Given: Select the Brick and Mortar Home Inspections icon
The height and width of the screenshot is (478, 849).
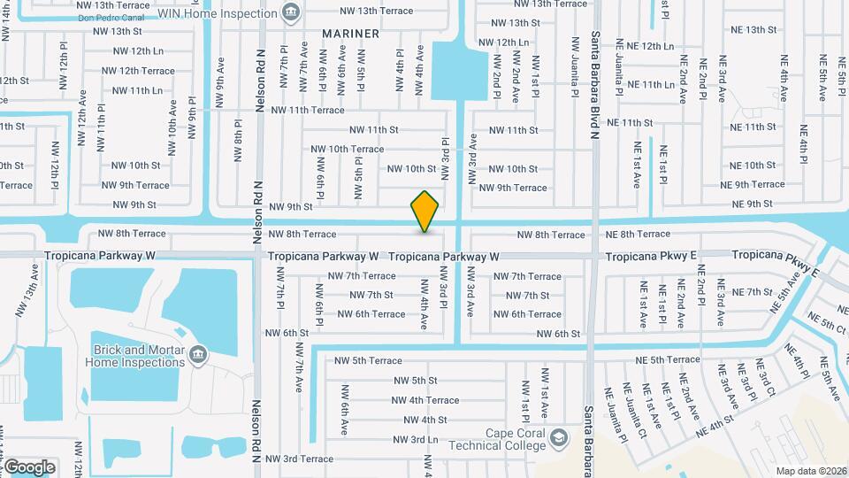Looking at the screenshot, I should [196, 356].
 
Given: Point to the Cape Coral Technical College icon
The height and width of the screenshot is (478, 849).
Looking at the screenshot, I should [558, 438].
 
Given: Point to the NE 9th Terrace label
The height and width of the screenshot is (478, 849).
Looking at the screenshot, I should [752, 185].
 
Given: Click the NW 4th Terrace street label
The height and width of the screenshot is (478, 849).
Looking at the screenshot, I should [425, 400].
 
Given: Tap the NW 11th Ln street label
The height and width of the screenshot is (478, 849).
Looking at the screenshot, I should [132, 90].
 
